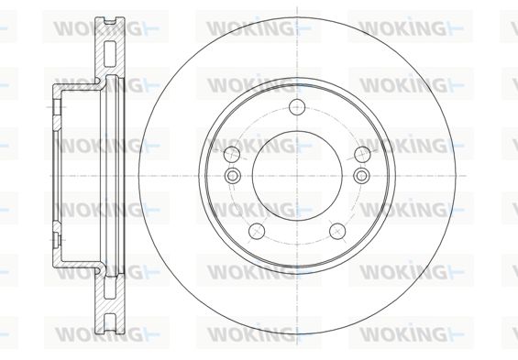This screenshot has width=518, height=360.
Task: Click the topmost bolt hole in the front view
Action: pyautogui.click(x=297, y=106)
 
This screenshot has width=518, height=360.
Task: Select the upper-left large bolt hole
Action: pyautogui.click(x=232, y=154)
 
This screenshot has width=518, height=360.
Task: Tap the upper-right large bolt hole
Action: pyautogui.click(x=362, y=154)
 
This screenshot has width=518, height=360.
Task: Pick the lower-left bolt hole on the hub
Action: pyautogui.click(x=257, y=231)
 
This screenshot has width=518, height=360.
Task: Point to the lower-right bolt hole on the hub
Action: pyautogui.click(x=337, y=231)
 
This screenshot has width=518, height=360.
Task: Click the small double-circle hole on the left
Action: pyautogui.click(x=232, y=175)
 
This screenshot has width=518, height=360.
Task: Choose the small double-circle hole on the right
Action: pyautogui.click(x=361, y=175)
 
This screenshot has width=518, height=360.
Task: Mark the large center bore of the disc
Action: pyautogui.click(x=297, y=176)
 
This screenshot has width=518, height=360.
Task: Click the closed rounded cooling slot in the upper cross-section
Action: pyautogui.click(x=110, y=54)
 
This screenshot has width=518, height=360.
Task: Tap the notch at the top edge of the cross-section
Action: pyautogui.click(x=110, y=21)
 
